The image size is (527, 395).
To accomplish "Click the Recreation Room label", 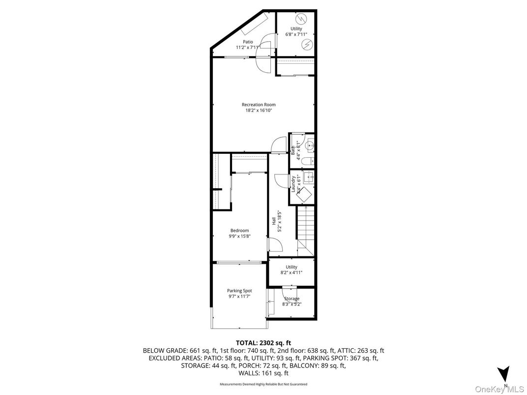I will (x=258, y=104).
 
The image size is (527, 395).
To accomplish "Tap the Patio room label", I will (x=247, y=42).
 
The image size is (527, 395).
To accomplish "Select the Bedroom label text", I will (x=239, y=230).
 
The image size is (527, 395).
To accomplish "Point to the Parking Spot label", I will (x=239, y=290).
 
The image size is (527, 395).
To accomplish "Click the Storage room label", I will (x=292, y=299).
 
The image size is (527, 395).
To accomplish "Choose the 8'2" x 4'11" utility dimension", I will (x=292, y=273).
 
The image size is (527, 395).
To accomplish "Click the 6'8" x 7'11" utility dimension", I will (x=296, y=35).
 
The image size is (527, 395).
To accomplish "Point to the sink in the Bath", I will (x=309, y=144).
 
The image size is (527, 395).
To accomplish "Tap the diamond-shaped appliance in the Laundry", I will (x=306, y=195).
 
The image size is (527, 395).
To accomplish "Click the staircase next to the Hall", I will (x=306, y=231).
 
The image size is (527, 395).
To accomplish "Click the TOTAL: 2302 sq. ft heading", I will (x=263, y=342).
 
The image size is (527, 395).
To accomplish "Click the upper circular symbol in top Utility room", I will (x=303, y=19).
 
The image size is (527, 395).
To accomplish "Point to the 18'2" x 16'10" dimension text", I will (x=259, y=111).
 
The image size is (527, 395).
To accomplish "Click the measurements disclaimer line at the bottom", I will (x=263, y=384).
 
